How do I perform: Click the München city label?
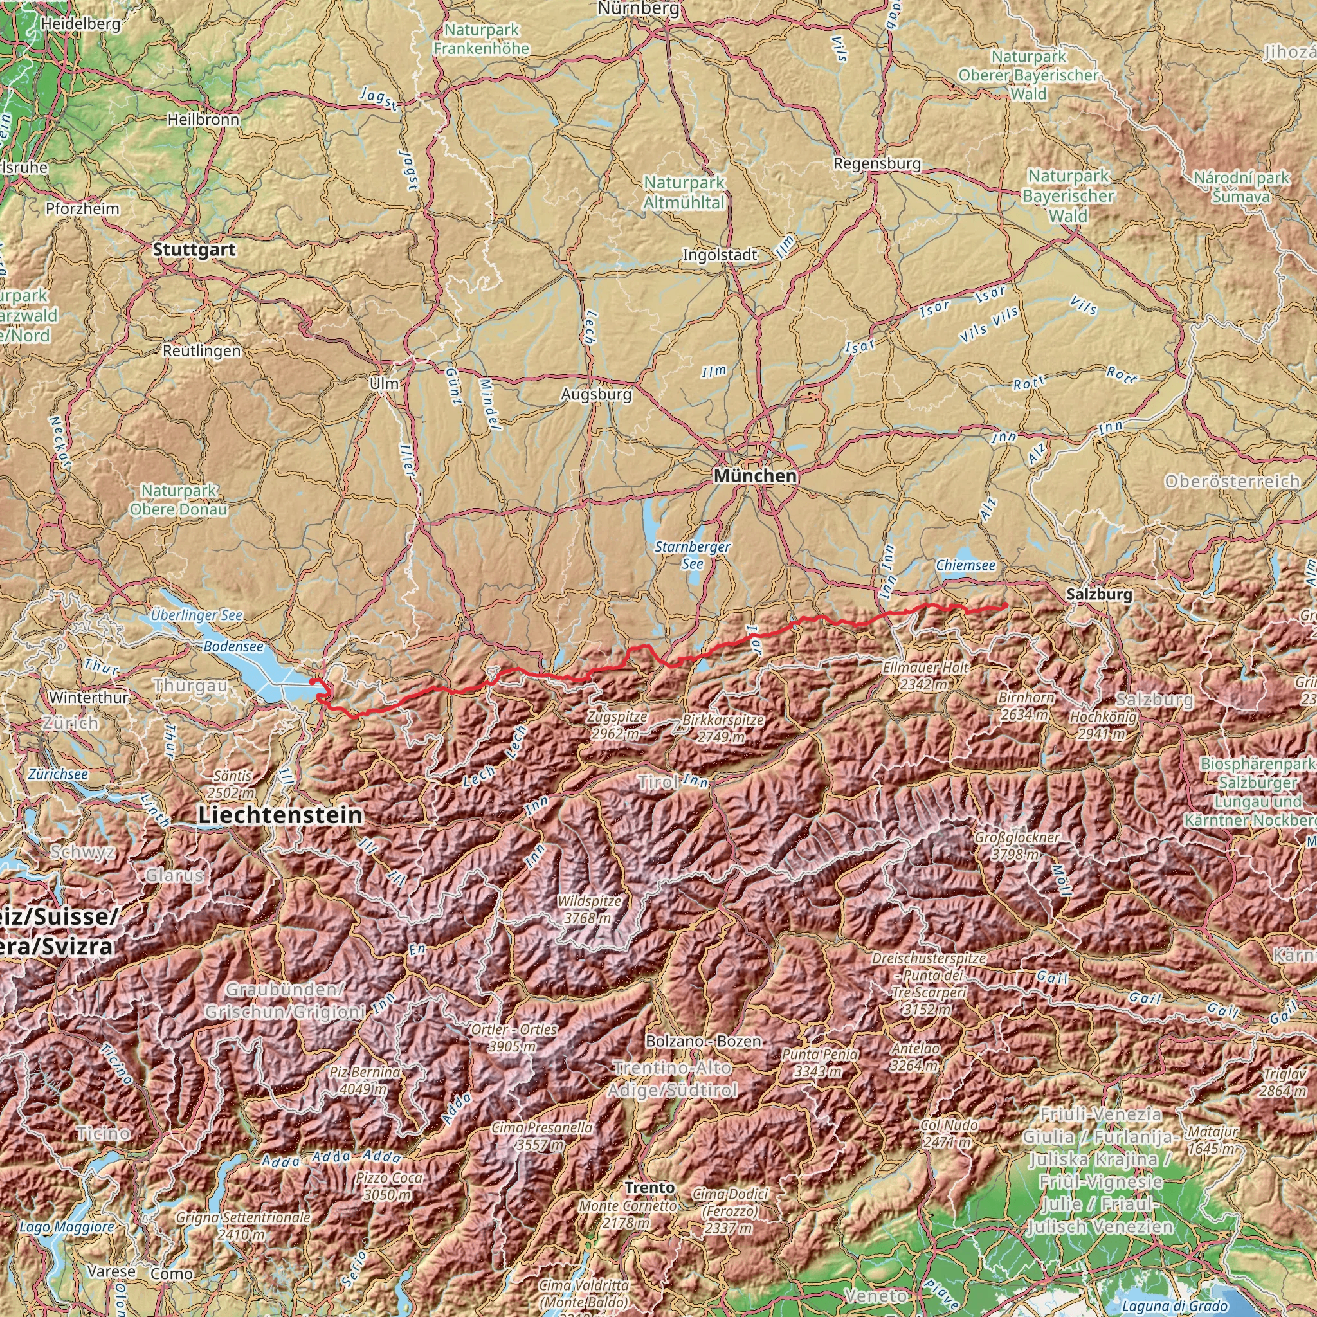tap(756, 476)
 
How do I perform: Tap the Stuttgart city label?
tap(194, 250)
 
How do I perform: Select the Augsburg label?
tap(597, 394)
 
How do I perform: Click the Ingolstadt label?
tap(720, 255)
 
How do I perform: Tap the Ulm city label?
tap(384, 384)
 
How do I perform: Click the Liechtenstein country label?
tap(280, 815)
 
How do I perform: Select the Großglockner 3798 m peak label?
tap(1017, 845)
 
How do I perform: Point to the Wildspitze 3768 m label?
tap(590, 909)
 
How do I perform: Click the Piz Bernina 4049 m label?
tap(365, 1080)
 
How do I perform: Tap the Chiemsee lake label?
tap(965, 565)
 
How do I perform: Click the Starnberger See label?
tap(693, 555)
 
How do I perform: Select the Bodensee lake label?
tap(233, 646)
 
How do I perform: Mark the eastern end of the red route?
tap(1006, 606)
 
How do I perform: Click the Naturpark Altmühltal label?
tap(684, 192)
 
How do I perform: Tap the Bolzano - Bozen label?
tap(703, 1042)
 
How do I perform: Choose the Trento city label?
tap(649, 1188)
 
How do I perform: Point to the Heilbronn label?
tap(203, 120)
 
